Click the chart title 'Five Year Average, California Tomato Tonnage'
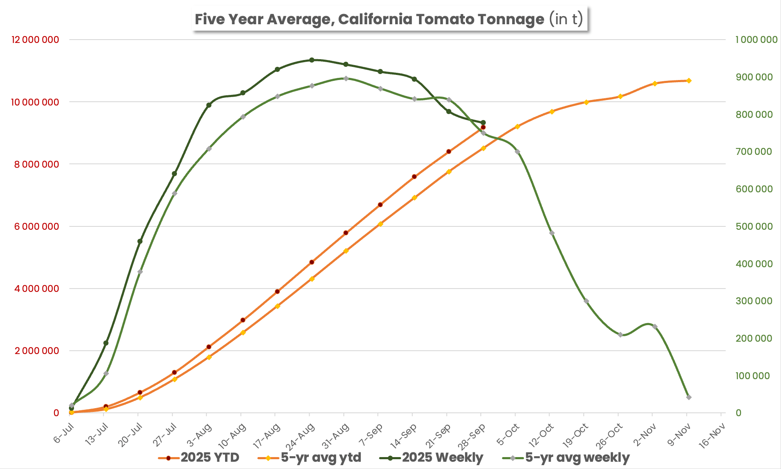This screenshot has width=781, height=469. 369,19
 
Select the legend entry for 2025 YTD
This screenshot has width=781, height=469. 199,458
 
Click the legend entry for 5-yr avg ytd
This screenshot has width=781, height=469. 310,458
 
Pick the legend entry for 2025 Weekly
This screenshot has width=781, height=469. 431,458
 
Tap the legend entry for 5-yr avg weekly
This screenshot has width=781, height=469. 566,458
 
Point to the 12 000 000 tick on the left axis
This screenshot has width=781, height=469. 35,40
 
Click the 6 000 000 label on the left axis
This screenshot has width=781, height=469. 37,226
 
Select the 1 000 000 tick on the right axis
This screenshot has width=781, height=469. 756,40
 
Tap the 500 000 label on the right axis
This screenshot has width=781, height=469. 754,226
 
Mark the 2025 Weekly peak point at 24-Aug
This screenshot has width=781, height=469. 312,60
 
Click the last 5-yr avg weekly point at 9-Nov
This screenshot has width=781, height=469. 689,397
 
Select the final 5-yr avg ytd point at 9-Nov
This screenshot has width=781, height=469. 689,80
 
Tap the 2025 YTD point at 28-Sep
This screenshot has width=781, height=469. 483,127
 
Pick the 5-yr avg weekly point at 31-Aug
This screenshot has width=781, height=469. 346,78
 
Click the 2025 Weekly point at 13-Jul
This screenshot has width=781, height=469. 106,343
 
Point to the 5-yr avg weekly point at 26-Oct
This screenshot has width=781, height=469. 620,335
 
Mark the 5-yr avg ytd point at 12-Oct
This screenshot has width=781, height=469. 552,112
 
